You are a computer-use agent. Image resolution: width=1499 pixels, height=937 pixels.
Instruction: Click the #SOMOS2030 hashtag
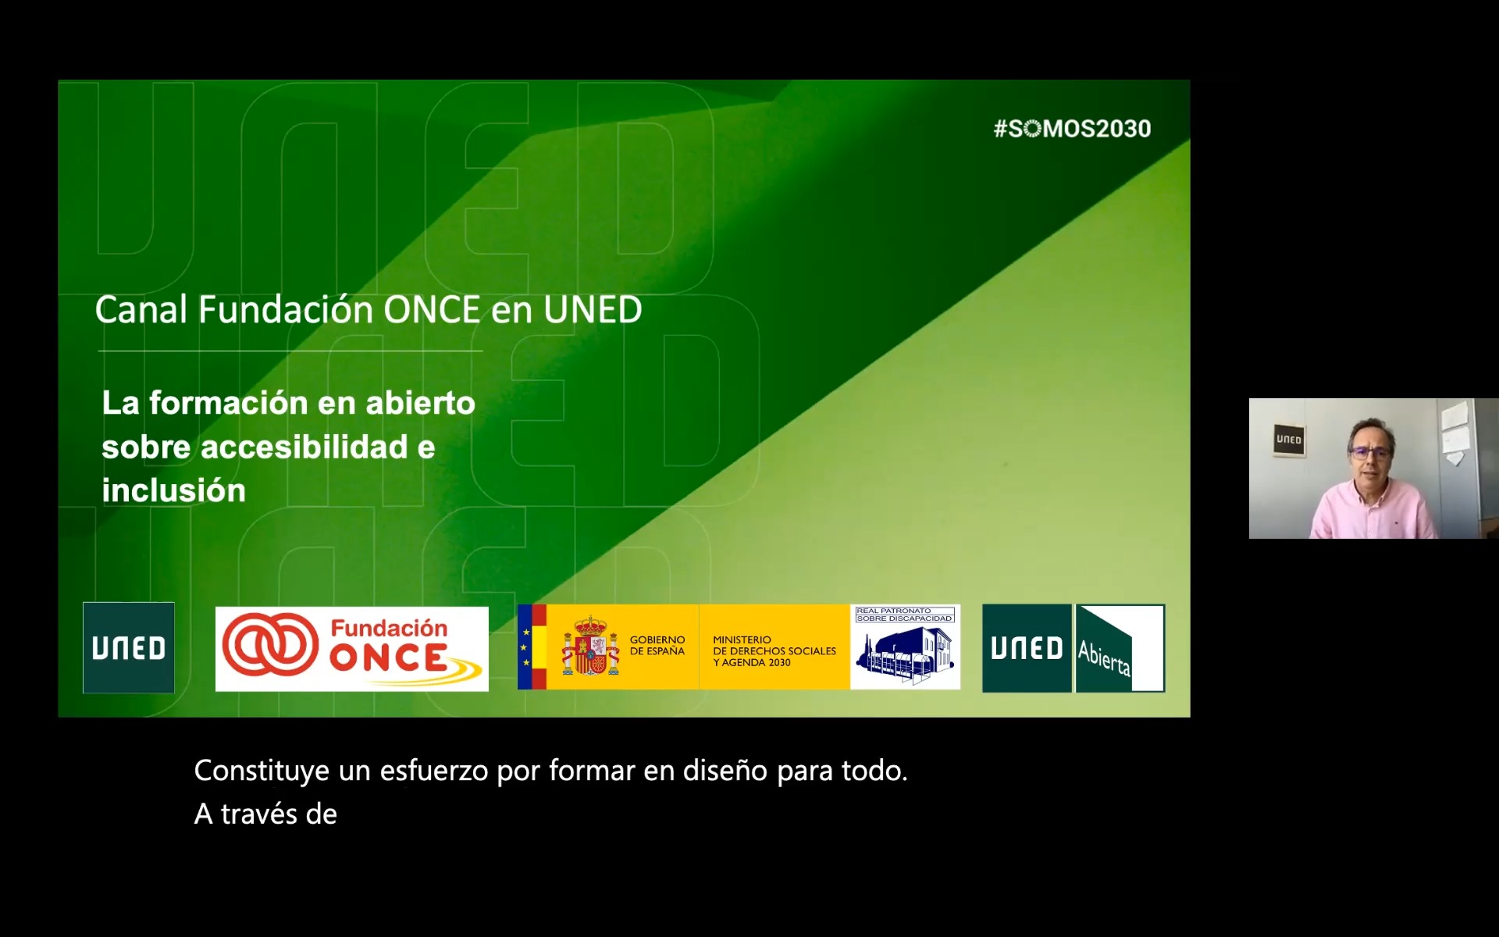1072,129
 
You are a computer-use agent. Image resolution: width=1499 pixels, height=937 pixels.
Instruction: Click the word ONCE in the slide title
431,310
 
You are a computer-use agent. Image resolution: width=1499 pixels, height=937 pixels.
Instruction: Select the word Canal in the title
141,310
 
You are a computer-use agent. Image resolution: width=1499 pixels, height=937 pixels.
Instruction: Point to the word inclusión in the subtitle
173,491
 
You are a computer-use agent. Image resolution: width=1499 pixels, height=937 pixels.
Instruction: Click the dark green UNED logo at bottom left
129,647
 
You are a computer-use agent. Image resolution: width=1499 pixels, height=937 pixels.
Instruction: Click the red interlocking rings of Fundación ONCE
270,645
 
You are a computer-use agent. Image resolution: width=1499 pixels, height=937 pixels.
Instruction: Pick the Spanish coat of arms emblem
590,647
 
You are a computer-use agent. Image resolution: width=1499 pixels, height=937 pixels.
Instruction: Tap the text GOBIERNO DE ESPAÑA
657,646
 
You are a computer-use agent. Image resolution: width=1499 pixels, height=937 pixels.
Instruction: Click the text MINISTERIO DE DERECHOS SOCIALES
774,645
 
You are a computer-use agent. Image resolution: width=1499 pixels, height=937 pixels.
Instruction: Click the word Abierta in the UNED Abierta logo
1104,657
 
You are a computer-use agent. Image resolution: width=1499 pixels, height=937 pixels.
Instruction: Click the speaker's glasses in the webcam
1369,452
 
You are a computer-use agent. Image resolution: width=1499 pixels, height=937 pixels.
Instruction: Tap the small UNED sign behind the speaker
1289,440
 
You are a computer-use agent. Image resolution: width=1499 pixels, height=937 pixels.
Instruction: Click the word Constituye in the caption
262,771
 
